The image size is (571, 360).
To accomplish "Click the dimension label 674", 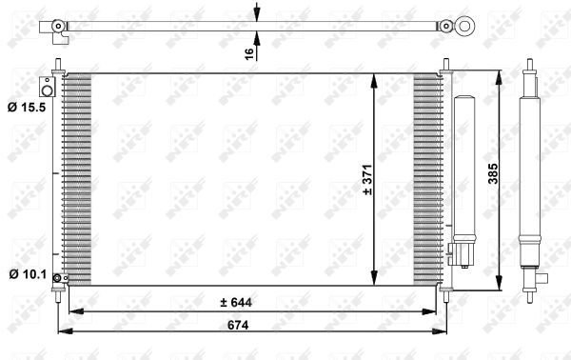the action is tap(238, 325).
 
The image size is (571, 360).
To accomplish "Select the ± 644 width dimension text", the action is tap(236, 302).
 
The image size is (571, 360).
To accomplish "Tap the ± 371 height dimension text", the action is tap(367, 180).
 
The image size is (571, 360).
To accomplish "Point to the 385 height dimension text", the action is tap(493, 173).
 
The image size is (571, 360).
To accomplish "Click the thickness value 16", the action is tap(249, 54).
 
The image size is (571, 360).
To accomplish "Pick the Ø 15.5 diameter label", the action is tap(27, 108).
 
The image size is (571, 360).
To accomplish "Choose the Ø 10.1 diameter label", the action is tap(28, 274).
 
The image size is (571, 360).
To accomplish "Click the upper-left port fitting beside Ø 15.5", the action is tap(47, 87).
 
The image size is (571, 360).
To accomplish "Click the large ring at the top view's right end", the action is tap(464, 27).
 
